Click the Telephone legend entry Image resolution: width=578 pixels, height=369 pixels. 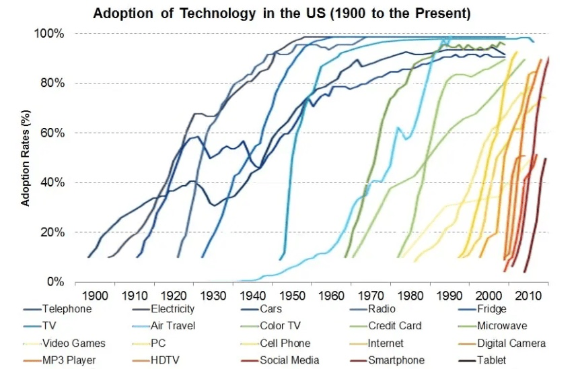tap(67, 309)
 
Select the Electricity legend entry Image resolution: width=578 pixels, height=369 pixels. tap(171, 309)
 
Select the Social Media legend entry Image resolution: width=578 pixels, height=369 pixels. tap(289, 360)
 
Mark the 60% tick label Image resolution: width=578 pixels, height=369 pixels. tap(52, 133)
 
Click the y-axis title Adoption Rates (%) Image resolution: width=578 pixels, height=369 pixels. tap(26, 158)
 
